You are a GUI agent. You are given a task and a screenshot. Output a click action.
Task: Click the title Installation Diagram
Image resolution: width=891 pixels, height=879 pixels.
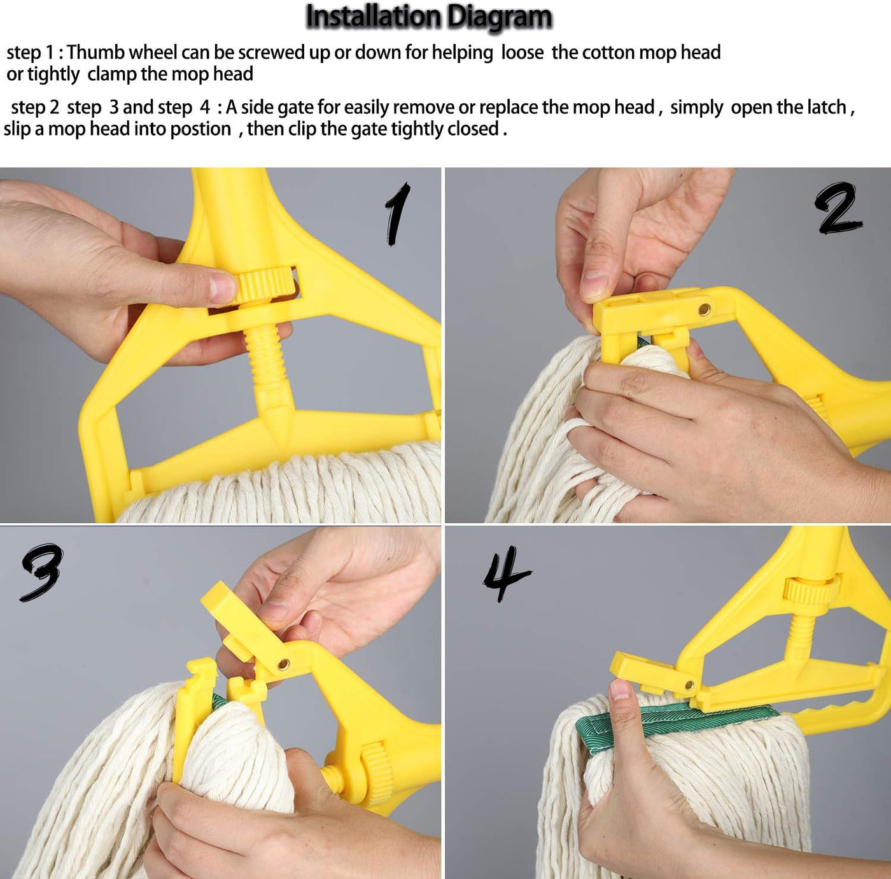tap(429, 17)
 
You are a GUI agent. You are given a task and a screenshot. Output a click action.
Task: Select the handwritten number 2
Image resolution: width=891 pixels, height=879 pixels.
tap(838, 207)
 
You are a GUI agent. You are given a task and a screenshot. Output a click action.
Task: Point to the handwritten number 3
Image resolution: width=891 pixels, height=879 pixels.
tap(41, 573)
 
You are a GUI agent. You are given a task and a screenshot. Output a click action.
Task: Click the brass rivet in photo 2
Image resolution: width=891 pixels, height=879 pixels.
tap(704, 309)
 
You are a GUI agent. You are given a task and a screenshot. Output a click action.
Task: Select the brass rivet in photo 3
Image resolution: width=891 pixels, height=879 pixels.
tap(283, 665)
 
